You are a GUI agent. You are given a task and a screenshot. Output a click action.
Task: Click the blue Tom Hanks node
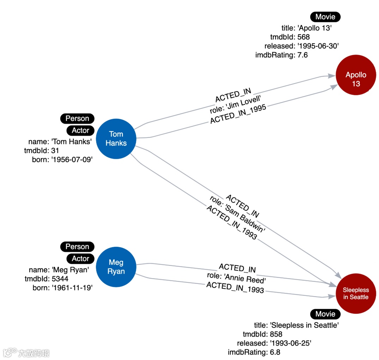116,139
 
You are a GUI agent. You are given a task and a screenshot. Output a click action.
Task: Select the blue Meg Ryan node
116,267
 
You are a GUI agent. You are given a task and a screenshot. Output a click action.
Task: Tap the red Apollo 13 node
356,79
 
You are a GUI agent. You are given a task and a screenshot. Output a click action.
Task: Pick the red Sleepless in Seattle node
356,293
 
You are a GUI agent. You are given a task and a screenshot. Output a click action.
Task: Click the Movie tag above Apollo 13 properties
325,17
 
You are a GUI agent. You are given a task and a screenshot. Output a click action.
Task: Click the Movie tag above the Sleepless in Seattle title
325,314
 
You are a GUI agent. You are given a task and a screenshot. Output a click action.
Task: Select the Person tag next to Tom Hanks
77,118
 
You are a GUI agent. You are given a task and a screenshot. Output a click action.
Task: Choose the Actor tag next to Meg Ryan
80,258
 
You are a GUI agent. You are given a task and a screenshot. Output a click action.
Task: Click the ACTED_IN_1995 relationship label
238,114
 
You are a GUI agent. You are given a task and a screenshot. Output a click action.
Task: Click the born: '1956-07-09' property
62,160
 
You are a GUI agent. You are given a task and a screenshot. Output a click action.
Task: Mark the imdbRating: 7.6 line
281,55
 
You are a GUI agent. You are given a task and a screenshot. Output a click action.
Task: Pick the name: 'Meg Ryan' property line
58,270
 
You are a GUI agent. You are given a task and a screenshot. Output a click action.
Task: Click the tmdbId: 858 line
262,334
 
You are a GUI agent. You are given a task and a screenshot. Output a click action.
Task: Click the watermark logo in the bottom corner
26,352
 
